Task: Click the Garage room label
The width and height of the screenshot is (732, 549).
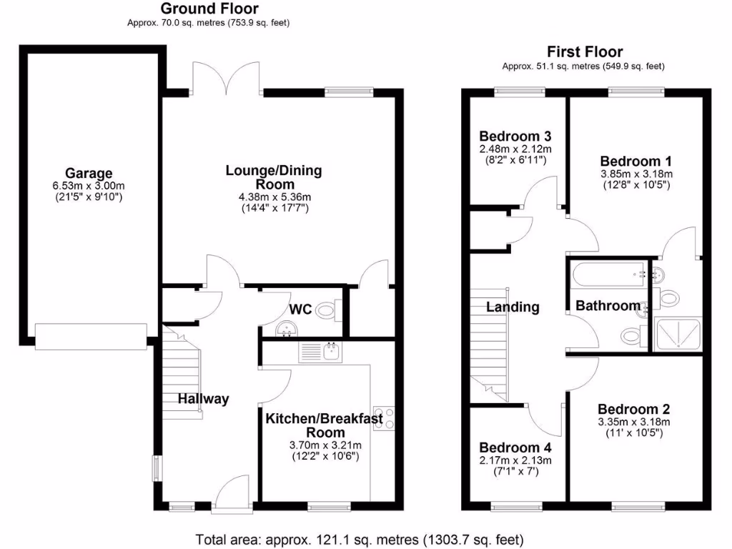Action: coord(89,173)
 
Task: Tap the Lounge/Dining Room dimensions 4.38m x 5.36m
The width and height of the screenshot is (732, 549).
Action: coord(274,197)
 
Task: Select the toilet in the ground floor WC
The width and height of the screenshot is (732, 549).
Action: coord(327,310)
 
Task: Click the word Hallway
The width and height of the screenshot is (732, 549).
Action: coord(204,399)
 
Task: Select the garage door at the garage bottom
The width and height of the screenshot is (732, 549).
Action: coord(91,336)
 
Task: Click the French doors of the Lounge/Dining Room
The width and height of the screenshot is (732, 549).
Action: coord(227,79)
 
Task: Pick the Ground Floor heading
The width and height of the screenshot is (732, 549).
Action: coord(209,9)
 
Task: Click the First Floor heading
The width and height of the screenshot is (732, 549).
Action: coord(584,51)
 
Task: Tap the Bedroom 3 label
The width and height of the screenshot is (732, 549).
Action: coord(515,136)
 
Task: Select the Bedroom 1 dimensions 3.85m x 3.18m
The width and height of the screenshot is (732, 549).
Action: coord(635,174)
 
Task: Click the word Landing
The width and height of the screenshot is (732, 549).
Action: coord(513,307)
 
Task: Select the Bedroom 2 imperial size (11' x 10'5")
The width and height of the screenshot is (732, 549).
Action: coord(635,433)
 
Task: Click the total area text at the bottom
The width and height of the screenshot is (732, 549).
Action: coord(360,538)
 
